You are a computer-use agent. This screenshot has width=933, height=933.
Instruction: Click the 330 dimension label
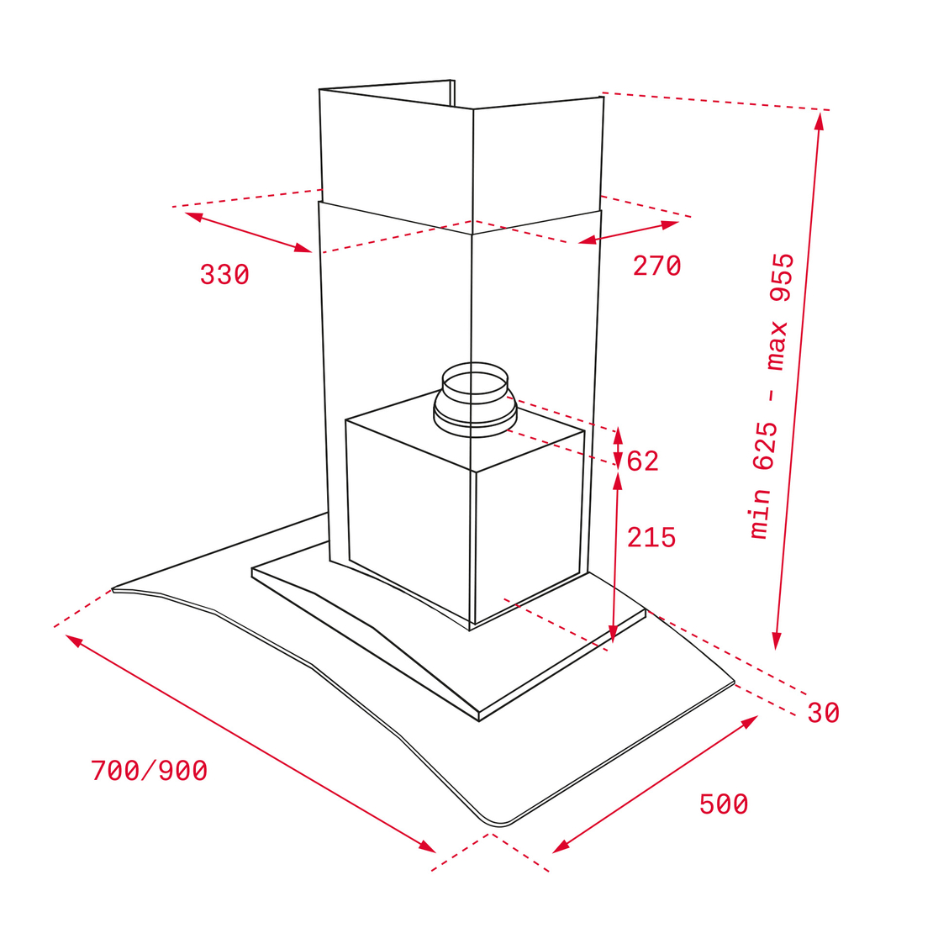pyautogui.click(x=224, y=275)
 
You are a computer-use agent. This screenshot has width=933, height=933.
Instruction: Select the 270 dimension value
pyautogui.click(x=656, y=266)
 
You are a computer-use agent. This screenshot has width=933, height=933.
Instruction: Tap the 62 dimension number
pyautogui.click(x=643, y=461)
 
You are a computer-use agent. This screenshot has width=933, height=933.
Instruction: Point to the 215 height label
pyautogui.click(x=651, y=537)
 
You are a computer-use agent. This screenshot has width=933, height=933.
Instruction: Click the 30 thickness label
pyautogui.click(x=824, y=712)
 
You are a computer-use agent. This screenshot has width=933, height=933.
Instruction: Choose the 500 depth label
pyautogui.click(x=724, y=804)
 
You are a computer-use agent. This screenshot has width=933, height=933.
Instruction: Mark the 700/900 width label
pyautogui.click(x=150, y=771)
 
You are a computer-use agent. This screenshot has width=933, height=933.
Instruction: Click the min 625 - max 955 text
pyautogui.click(x=772, y=396)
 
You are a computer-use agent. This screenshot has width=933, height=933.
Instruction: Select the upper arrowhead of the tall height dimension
pyautogui.click(x=820, y=120)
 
